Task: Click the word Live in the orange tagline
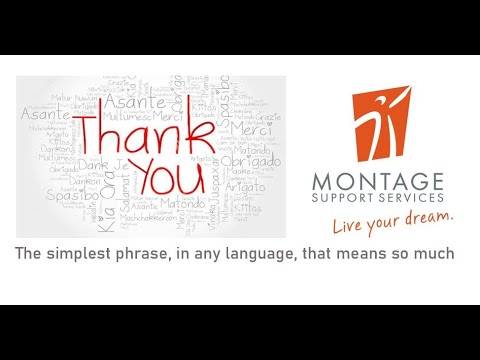pos(350,221)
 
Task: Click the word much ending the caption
pos(434,254)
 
